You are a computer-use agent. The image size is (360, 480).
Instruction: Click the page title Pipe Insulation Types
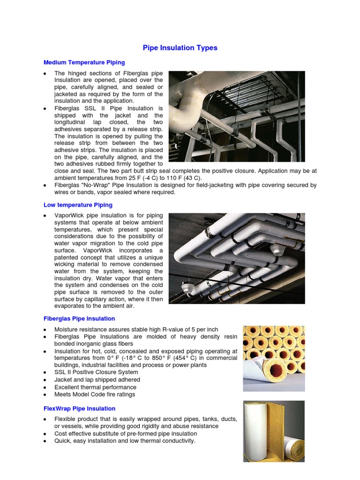coord(180,48)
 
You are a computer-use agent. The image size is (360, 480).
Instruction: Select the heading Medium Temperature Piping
coord(84,62)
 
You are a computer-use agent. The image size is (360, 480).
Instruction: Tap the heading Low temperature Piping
coord(78,205)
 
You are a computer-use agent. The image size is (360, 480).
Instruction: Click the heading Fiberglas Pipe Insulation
coord(79,318)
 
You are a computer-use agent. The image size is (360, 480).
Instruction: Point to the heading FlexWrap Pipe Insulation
coord(79,408)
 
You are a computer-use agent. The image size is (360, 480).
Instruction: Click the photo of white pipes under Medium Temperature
coord(237,116)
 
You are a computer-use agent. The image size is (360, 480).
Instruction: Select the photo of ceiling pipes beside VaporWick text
coord(237,258)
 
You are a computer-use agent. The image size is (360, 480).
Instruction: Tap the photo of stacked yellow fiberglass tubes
coord(273,358)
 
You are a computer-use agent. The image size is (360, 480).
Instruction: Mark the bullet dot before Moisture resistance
coord(44,330)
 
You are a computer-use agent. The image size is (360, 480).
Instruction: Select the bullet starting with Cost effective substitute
coord(125,434)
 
